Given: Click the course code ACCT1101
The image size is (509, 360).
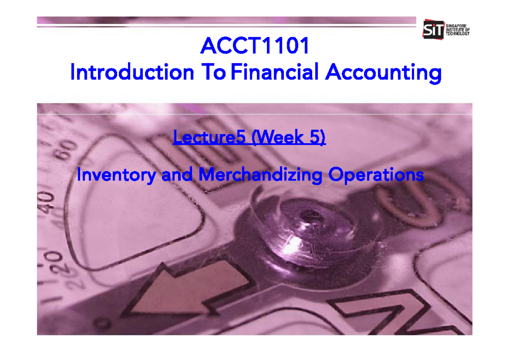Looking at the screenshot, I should (x=255, y=46).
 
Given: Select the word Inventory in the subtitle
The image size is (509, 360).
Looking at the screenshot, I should (x=116, y=175).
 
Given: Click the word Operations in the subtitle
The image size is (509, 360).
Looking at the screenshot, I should (x=375, y=175).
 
